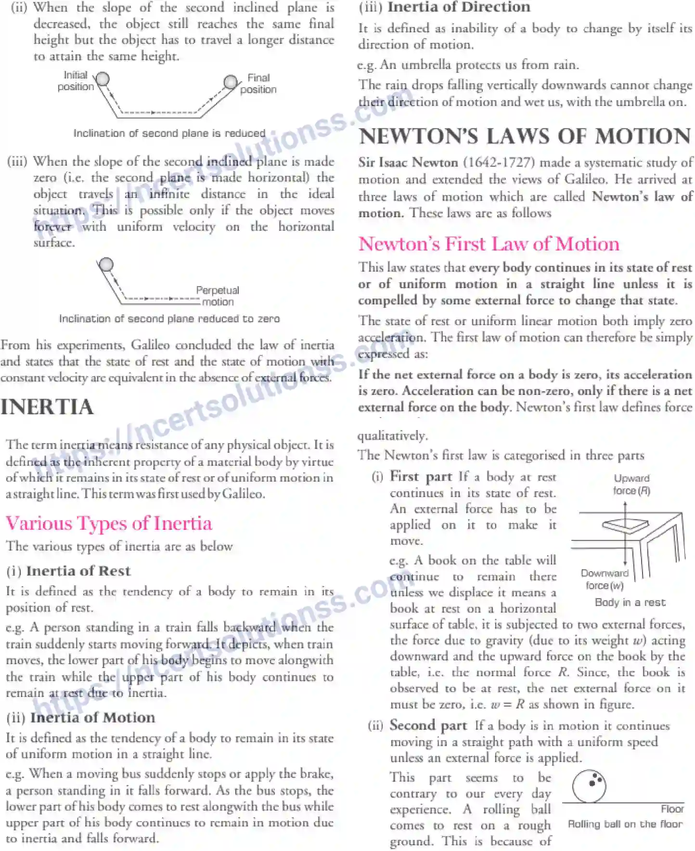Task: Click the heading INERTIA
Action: coord(47,407)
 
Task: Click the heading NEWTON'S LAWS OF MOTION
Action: coord(525,136)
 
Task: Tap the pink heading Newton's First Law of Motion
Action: coord(489,244)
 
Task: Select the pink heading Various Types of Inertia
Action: coord(109,524)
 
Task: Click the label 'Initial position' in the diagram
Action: coord(76,81)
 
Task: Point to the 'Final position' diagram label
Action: coord(258,83)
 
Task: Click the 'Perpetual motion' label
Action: coord(218,296)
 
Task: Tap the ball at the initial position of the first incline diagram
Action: coord(103,79)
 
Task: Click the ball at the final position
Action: coord(231,82)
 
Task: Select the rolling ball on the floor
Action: coord(589,786)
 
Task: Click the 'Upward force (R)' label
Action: coord(631,484)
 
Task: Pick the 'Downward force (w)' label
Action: coord(605,579)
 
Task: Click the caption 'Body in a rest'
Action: coord(630,602)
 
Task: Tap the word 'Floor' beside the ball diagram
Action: coord(672,809)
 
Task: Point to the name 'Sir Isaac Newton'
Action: coord(408,162)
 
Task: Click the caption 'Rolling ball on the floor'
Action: coord(625,824)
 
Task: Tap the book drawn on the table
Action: coord(625,525)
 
